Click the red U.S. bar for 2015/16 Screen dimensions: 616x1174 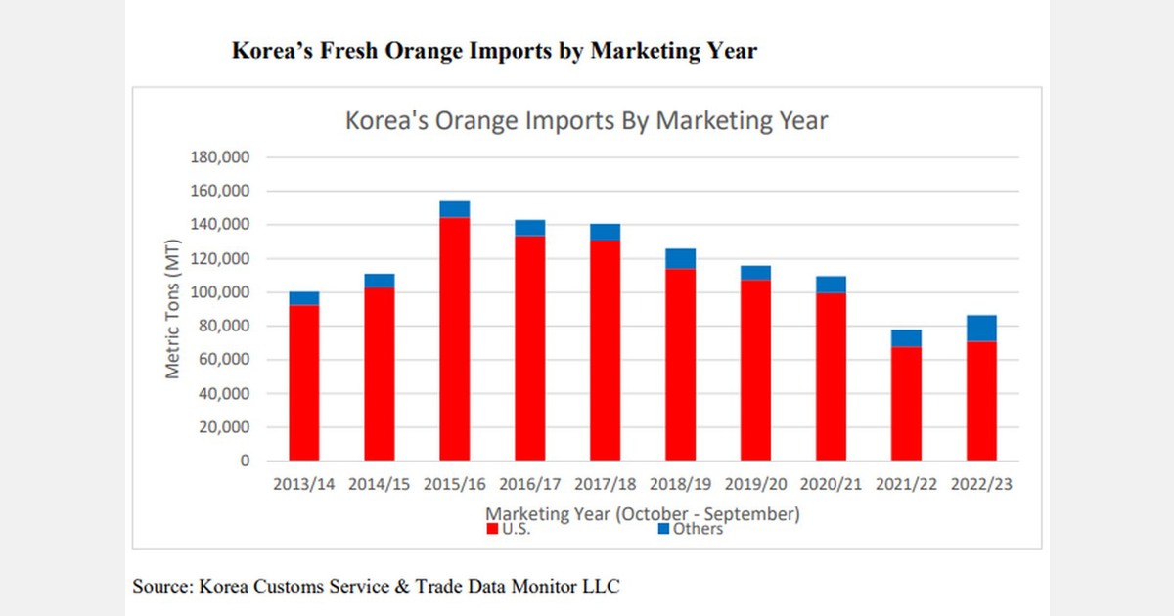455,338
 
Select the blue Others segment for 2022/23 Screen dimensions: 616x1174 981,329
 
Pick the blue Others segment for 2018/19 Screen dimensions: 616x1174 680,258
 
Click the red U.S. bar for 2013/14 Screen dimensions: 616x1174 304,382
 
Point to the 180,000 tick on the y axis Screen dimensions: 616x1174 220,157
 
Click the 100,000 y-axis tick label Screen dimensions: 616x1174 220,292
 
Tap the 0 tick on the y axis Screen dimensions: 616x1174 246,461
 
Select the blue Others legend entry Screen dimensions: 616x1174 690,529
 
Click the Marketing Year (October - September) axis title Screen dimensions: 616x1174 643,512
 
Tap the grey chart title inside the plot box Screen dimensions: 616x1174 587,121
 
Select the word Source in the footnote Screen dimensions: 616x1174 160,587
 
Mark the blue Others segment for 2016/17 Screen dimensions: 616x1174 529,228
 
